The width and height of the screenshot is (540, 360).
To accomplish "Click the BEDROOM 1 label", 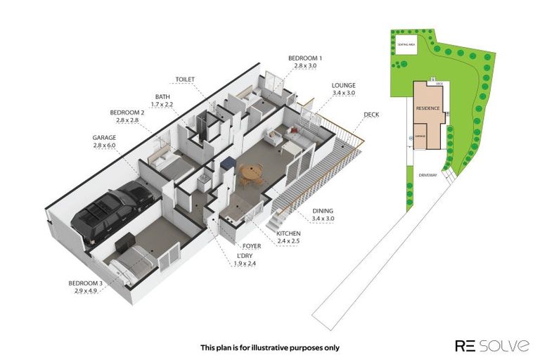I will (305, 58).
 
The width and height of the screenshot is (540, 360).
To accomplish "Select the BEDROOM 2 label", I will (127, 112).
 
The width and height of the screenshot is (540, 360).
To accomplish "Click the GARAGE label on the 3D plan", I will (103, 138).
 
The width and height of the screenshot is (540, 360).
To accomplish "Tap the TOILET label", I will (186, 79).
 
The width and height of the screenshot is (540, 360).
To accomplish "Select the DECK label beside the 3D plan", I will (371, 114).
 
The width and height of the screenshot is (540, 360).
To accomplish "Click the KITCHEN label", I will (288, 233).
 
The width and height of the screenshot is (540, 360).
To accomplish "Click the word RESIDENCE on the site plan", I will (428, 108).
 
